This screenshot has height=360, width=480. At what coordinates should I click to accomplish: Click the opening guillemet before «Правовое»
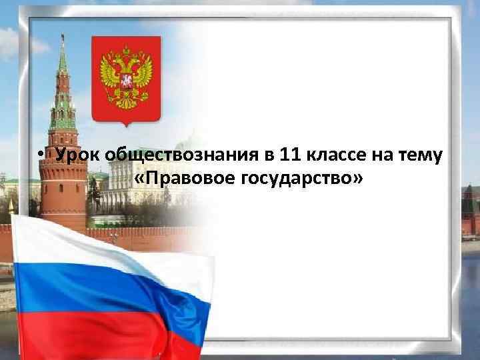pos(139,179)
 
